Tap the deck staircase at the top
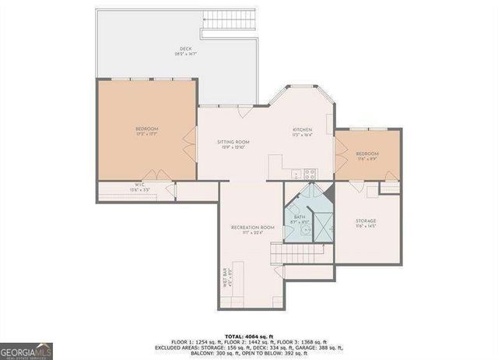coord(228,24)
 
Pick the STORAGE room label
coord(366,223)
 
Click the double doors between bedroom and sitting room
coord(190,145)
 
